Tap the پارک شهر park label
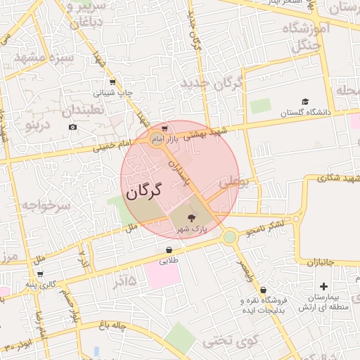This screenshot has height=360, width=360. tap(192, 229)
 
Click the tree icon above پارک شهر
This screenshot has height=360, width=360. tap(192, 218)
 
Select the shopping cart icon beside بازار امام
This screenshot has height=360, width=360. tap(164, 128)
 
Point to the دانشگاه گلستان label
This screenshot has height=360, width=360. tap(305, 112)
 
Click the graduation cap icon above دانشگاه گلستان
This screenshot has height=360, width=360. tap(305, 102)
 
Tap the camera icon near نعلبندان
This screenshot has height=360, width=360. tap(72, 127)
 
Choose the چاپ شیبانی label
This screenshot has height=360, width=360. tap(112, 92)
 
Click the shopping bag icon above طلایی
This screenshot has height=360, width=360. tap(169, 250)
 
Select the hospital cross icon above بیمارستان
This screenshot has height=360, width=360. tap(323, 286)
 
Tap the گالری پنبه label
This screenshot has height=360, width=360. tap(40, 284)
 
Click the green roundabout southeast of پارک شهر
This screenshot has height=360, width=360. tap(230, 237)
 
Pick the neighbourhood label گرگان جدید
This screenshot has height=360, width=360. tap(212, 84)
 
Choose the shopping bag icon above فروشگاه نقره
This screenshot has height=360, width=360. tap(263, 290)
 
